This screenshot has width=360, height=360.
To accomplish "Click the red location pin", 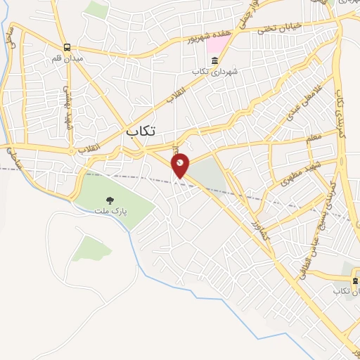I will pos(181,165).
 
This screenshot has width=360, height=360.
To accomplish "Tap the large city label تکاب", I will pos(141,131).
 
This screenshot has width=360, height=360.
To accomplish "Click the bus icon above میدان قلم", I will pos(66,46).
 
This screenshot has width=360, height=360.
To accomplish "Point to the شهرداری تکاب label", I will pos(212,72).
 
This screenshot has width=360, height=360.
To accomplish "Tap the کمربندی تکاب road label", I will pos(340,112).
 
